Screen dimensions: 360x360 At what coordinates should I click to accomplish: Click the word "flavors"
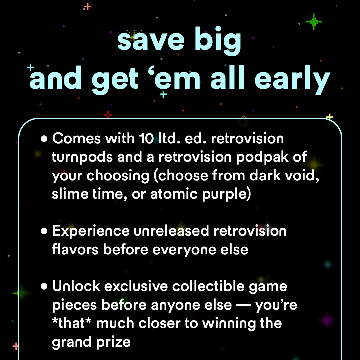pyautogui.click(x=75, y=249)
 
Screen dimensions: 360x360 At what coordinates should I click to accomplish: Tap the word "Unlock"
pyautogui.click(x=76, y=286)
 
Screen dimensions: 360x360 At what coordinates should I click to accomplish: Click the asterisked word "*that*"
pyautogui.click(x=73, y=323)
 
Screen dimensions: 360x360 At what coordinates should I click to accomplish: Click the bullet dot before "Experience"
pyautogui.click(x=44, y=231)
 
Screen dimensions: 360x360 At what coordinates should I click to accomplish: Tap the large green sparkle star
pyautogui.click(x=313, y=22)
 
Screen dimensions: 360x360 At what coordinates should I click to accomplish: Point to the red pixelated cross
pyautogui.click(x=108, y=115)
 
